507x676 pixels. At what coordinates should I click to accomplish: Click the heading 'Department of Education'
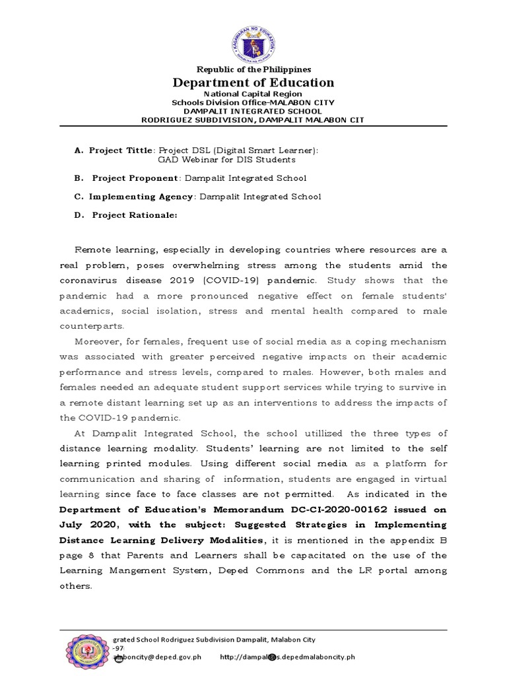pyautogui.click(x=253, y=83)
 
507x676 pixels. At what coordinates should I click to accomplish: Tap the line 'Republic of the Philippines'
pyautogui.click(x=253, y=69)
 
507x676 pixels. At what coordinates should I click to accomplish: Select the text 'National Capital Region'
pyautogui.click(x=253, y=94)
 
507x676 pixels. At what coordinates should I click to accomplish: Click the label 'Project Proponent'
pyautogui.click(x=135, y=178)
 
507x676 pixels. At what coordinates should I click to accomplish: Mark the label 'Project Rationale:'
pyautogui.click(x=134, y=215)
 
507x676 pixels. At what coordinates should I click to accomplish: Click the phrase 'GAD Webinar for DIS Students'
pyautogui.click(x=226, y=160)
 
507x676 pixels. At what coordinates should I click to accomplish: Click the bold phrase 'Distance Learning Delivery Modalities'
pyautogui.click(x=165, y=539)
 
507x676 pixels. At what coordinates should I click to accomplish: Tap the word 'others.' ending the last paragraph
pyautogui.click(x=75, y=586)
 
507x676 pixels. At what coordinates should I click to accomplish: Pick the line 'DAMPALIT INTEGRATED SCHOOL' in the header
pyautogui.click(x=253, y=111)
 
